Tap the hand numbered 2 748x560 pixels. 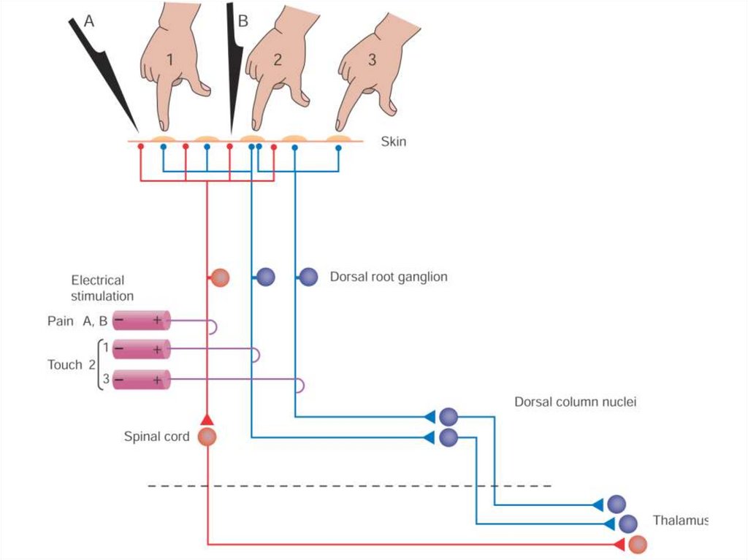278,62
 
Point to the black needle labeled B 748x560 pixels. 234,66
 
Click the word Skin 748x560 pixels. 394,142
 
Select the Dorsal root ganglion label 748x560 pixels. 388,277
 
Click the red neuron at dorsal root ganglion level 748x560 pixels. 220,277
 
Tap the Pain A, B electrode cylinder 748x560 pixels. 142,321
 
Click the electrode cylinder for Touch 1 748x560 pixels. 142,350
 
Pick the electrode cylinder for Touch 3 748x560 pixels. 142,380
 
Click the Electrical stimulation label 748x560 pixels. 102,288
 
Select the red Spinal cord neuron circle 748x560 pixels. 208,437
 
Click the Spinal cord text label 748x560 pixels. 156,437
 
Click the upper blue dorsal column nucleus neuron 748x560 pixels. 449,417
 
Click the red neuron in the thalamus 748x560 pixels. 638,544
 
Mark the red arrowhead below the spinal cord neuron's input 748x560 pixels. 207,419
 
